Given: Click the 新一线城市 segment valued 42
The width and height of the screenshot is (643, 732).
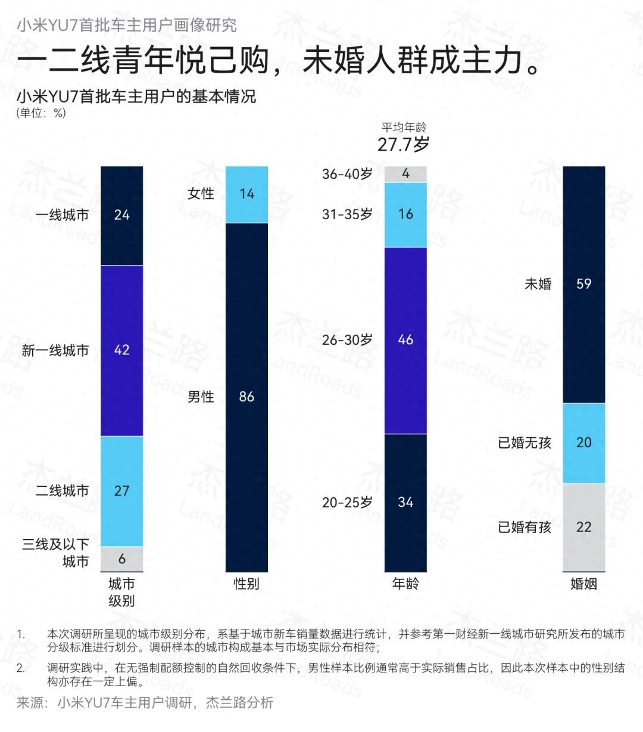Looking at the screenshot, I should pyautogui.click(x=121, y=350).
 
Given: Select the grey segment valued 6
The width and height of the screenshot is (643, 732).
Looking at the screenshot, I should pyautogui.click(x=121, y=559).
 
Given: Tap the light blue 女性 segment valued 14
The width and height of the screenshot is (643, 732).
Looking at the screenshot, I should pyautogui.click(x=246, y=194).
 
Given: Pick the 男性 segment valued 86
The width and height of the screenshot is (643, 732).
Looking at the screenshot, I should pyautogui.click(x=246, y=397).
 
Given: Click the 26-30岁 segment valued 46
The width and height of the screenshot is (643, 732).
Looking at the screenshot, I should pyautogui.click(x=405, y=340).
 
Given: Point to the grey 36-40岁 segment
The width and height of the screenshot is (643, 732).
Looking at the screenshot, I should pyautogui.click(x=405, y=174).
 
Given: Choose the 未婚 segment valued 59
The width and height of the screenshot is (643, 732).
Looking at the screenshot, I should pyautogui.click(x=583, y=284).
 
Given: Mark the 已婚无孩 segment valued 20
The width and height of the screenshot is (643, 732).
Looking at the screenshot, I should pyautogui.click(x=583, y=443).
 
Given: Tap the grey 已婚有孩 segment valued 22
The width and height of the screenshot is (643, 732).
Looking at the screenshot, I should pyautogui.click(x=583, y=527).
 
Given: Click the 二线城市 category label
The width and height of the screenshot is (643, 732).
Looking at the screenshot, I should pyautogui.click(x=62, y=491).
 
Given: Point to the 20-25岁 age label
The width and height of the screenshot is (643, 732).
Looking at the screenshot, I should pyautogui.click(x=347, y=502).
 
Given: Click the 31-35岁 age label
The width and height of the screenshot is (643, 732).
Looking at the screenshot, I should pyautogui.click(x=347, y=214).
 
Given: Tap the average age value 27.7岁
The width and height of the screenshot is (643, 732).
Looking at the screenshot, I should pyautogui.click(x=403, y=144).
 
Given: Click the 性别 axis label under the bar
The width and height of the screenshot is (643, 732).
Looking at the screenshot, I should pyautogui.click(x=246, y=584).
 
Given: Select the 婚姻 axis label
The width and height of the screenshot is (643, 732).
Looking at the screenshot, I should pyautogui.click(x=583, y=584).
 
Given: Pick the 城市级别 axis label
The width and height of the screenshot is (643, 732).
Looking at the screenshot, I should pyautogui.click(x=121, y=591).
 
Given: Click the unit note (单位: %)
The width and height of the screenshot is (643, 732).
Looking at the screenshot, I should pyautogui.click(x=40, y=113).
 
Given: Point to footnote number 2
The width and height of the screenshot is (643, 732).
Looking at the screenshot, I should pyautogui.click(x=21, y=668).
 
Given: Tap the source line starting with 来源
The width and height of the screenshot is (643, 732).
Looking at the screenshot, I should pyautogui.click(x=145, y=703).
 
